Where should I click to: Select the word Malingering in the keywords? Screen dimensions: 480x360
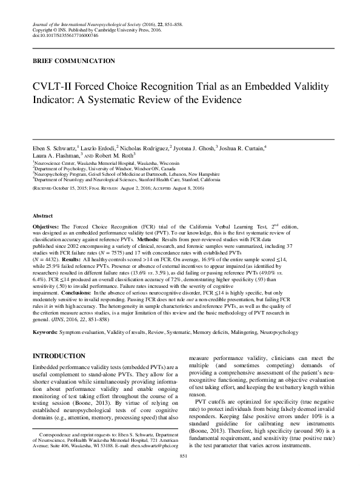(230, 316)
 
